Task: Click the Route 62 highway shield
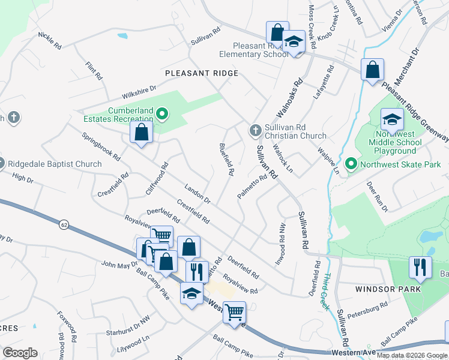[63, 224]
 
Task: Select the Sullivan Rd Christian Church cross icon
[255, 130]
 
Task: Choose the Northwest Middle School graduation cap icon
[392, 120]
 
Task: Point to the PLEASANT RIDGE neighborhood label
[202, 73]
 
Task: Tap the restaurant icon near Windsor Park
[420, 266]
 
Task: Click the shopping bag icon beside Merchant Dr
[372, 69]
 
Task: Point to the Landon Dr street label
[197, 194]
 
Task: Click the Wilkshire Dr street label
[139, 92]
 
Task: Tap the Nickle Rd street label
[50, 41]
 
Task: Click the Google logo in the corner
[20, 352]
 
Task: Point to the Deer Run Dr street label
[378, 196]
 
